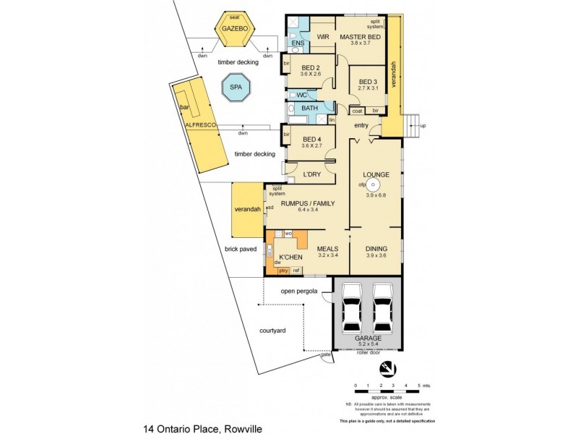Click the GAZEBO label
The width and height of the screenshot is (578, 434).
pyautogui.click(x=236, y=27)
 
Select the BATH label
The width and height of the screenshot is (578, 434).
pyautogui.click(x=309, y=109)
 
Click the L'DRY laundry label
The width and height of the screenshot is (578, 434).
pyautogui.click(x=312, y=174)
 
